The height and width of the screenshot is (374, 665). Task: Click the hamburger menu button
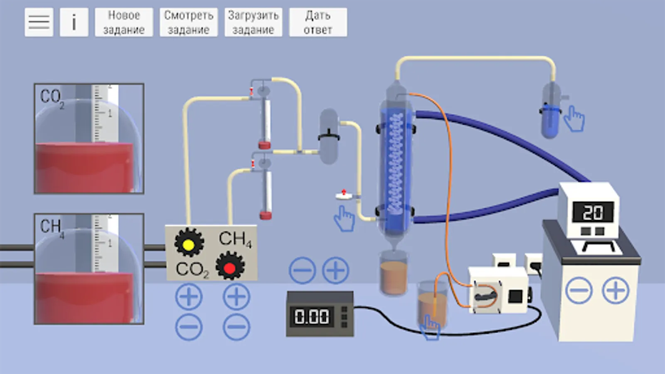tap(39, 22)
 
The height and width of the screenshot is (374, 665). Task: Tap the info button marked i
tap(74, 22)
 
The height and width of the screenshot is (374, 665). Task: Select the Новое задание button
tap(124, 22)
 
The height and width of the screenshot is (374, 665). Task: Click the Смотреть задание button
tap(189, 22)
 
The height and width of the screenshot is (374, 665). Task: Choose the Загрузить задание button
tap(253, 22)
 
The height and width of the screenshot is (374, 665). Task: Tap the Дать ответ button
tap(318, 22)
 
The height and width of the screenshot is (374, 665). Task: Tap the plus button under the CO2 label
tap(189, 297)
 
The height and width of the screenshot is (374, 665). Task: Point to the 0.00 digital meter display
tap(312, 316)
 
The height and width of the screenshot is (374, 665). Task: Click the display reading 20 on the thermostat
tap(593, 213)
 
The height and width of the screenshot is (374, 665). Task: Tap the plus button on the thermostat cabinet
tap(616, 290)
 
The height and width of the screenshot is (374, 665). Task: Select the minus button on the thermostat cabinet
tap(579, 290)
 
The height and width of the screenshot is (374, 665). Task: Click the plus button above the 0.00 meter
tap(335, 271)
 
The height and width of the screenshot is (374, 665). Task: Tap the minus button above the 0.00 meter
tap(302, 271)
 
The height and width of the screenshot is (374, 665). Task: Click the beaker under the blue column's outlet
tap(393, 274)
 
